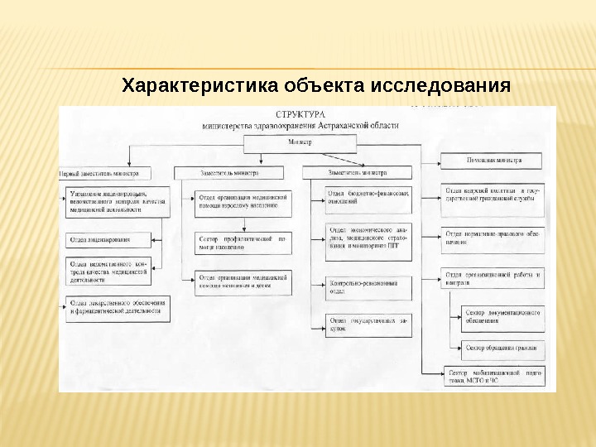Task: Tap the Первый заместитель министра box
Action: (105, 173)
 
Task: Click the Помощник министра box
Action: (493, 161)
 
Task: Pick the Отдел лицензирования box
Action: (108, 240)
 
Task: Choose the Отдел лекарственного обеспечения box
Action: (118, 307)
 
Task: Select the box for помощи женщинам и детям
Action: (243, 283)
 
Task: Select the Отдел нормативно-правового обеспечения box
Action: (492, 237)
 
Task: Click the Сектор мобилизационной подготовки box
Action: (494, 375)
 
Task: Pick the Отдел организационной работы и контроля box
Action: (492, 278)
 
